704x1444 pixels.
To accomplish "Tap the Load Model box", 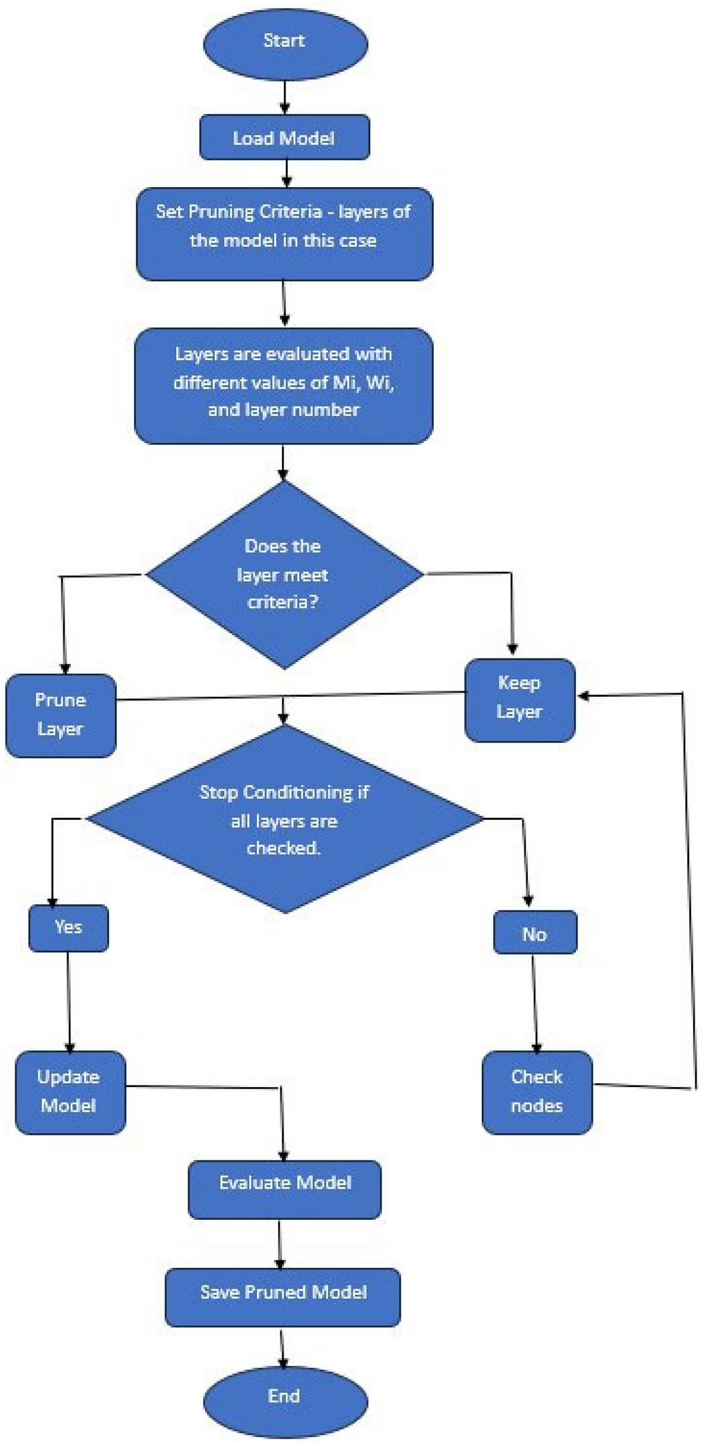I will [284, 138].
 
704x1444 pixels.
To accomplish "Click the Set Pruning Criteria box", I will [284, 234].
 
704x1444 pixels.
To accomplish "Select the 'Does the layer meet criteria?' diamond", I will [284, 574].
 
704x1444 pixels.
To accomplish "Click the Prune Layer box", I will [60, 715].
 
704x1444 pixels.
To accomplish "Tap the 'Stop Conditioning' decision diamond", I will [284, 819].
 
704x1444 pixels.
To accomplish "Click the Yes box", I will [68, 928].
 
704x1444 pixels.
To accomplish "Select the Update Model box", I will [70, 1092].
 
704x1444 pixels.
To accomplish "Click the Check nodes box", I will [537, 1092].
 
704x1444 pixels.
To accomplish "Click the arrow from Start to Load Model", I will [284, 97].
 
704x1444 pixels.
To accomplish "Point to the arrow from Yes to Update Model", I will [69, 1000].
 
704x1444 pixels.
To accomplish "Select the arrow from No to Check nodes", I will [535, 1002].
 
